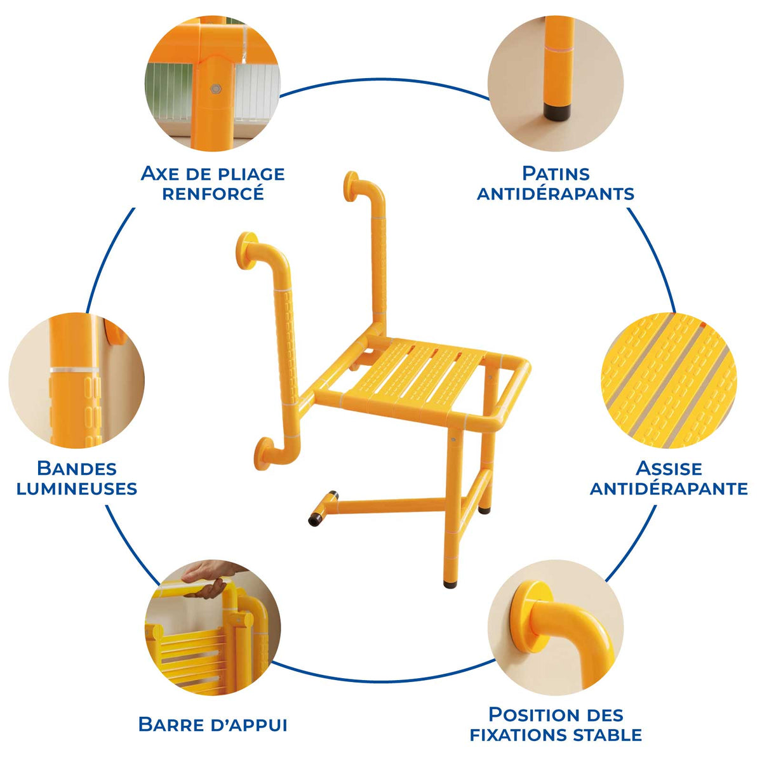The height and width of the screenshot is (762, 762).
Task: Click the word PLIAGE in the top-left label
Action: pyautogui.click(x=246, y=173)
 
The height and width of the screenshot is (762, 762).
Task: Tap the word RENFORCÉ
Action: pyautogui.click(x=213, y=194)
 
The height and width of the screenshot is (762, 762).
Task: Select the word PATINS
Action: pyautogui.click(x=556, y=173)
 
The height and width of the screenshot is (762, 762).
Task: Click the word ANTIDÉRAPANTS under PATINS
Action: pyautogui.click(x=556, y=194)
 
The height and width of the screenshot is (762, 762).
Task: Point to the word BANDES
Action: pyautogui.click(x=77, y=469)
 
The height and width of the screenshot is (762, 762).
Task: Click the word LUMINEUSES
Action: pyautogui.click(x=77, y=489)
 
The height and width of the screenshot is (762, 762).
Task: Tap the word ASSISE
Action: pyautogui.click(x=669, y=469)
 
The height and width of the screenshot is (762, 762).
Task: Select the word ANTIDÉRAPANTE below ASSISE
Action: pyautogui.click(x=669, y=489)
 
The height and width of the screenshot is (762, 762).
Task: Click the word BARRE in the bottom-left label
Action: pyautogui.click(x=169, y=725)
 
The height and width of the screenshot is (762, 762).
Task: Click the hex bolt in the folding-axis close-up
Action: pyautogui.click(x=215, y=89)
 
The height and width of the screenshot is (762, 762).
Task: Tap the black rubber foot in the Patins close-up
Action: pyautogui.click(x=556, y=112)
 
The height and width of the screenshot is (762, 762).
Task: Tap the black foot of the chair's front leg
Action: pyautogui.click(x=451, y=582)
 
